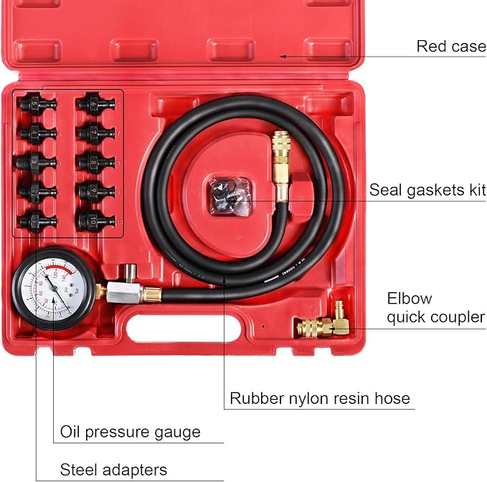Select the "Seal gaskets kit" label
(427, 191)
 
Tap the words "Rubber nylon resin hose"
(320, 398)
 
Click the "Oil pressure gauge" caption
(130, 433)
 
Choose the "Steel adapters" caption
(113, 470)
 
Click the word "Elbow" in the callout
(410, 299)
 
